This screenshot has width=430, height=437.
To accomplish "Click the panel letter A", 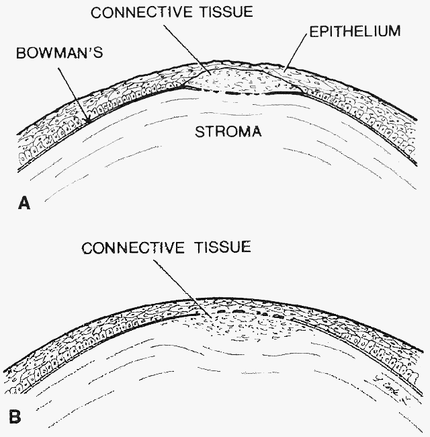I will click(24, 204).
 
